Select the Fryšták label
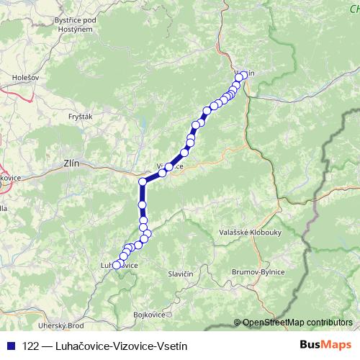point(79,116)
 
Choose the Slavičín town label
point(181,274)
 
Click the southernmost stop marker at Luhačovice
point(117,266)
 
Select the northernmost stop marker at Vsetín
point(243,75)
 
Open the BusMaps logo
point(325,346)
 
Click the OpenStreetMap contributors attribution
point(297,323)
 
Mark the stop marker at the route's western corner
point(143,181)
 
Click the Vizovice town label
point(171,166)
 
